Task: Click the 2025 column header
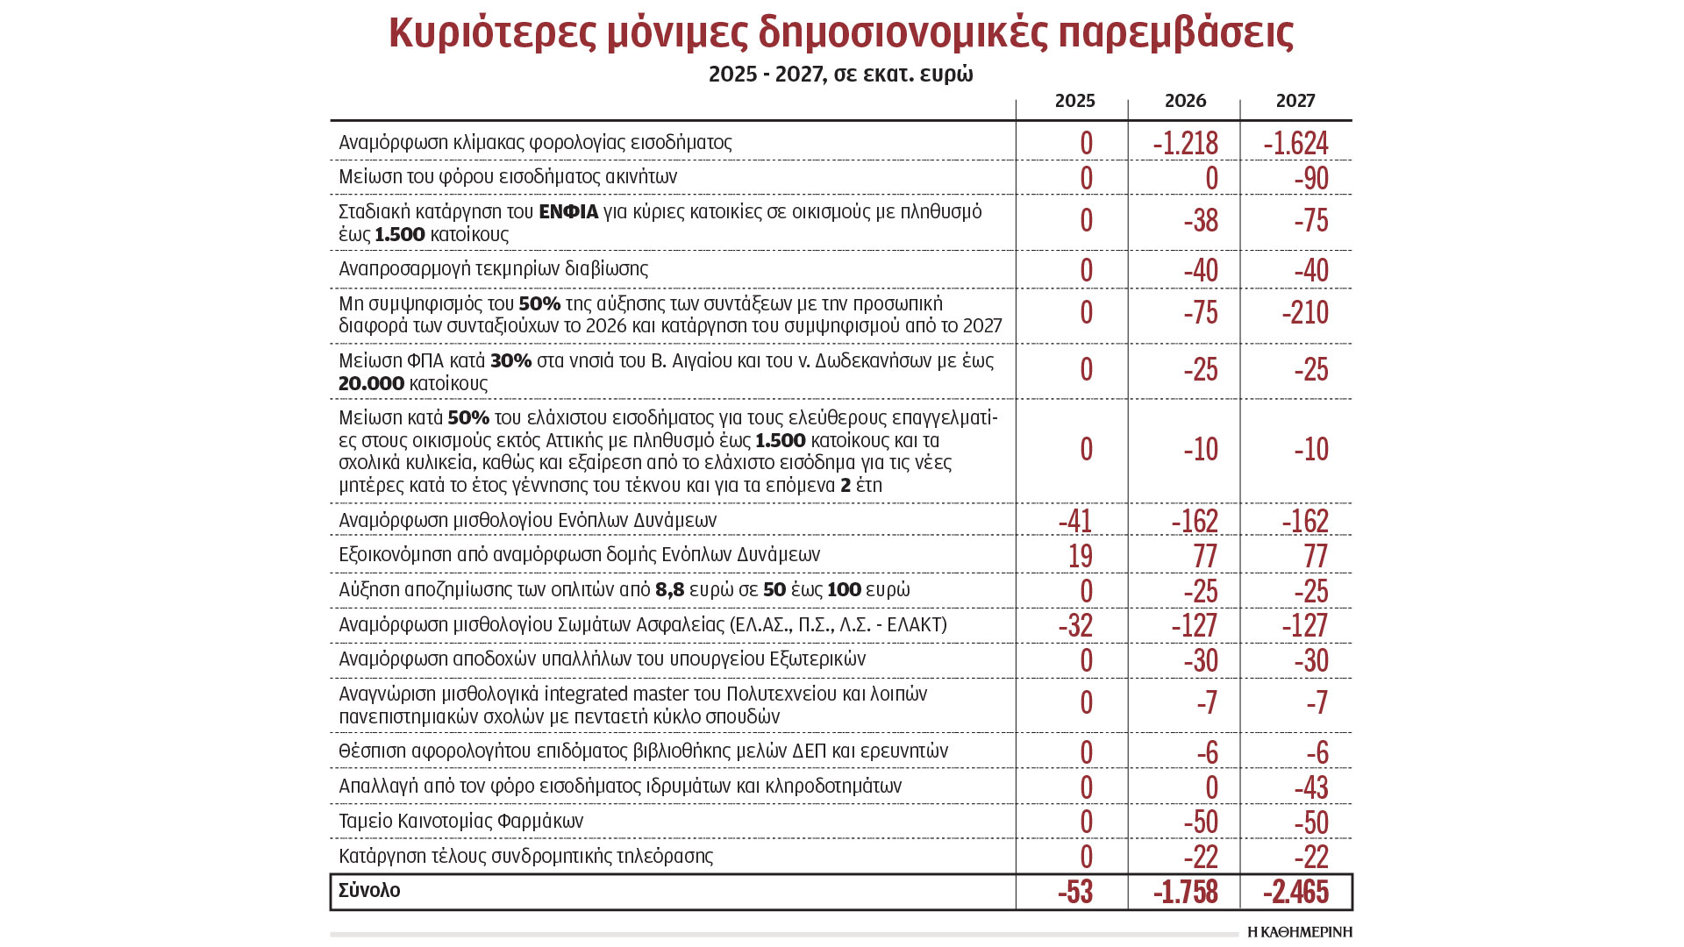[x=1074, y=101]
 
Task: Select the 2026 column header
[x=1185, y=101]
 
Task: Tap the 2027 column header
[x=1295, y=101]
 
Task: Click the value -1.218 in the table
[x=1185, y=143]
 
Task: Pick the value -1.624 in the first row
[x=1295, y=143]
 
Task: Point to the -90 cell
[x=1311, y=178]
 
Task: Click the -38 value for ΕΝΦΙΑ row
[x=1201, y=220]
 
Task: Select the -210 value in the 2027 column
[x=1305, y=313]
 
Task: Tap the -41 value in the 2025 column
[x=1075, y=521]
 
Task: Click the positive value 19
[x=1081, y=556]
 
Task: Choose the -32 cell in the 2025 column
[x=1075, y=625]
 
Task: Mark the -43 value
[x=1311, y=787]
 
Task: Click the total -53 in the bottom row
[x=1075, y=892]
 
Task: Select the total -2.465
[x=1295, y=892]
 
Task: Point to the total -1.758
[x=1185, y=892]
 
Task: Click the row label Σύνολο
[x=369, y=891]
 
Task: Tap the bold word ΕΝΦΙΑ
[x=568, y=212]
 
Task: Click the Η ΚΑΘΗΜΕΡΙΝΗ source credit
[x=1299, y=932]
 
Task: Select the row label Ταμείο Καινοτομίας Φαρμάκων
[x=460, y=822]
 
